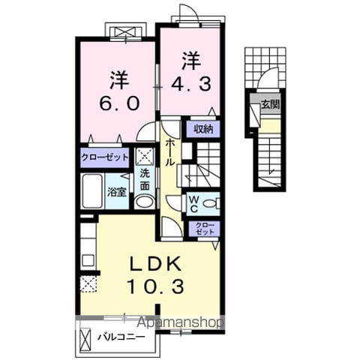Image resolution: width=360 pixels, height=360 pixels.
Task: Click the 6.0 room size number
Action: (x=119, y=103)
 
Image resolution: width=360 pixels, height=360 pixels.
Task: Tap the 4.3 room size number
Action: (x=191, y=84)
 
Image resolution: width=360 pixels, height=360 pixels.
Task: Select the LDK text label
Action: (x=156, y=264)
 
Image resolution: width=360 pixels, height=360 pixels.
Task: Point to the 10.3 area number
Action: (x=156, y=286)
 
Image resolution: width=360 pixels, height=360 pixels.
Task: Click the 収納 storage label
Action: (x=203, y=129)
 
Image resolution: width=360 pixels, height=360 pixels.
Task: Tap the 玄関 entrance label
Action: (x=270, y=104)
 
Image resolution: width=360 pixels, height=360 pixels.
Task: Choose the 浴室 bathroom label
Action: (x=117, y=192)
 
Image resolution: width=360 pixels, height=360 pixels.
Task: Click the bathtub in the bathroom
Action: (x=92, y=190)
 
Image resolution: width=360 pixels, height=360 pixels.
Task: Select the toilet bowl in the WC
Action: (x=211, y=203)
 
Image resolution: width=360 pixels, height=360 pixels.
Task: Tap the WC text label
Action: (x=193, y=204)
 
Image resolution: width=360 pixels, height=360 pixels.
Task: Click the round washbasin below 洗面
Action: (x=144, y=202)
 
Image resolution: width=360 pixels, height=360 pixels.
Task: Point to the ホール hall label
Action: (x=170, y=152)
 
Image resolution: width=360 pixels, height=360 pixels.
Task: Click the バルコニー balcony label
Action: (x=121, y=337)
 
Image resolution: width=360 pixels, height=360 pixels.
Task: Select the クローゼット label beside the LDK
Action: (x=205, y=228)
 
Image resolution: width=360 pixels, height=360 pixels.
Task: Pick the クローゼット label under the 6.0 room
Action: (x=105, y=157)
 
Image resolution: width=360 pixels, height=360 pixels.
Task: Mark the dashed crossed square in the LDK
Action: (x=88, y=284)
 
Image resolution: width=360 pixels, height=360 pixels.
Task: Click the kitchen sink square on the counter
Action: (x=88, y=260)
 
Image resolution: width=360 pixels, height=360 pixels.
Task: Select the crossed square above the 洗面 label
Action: (x=144, y=156)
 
